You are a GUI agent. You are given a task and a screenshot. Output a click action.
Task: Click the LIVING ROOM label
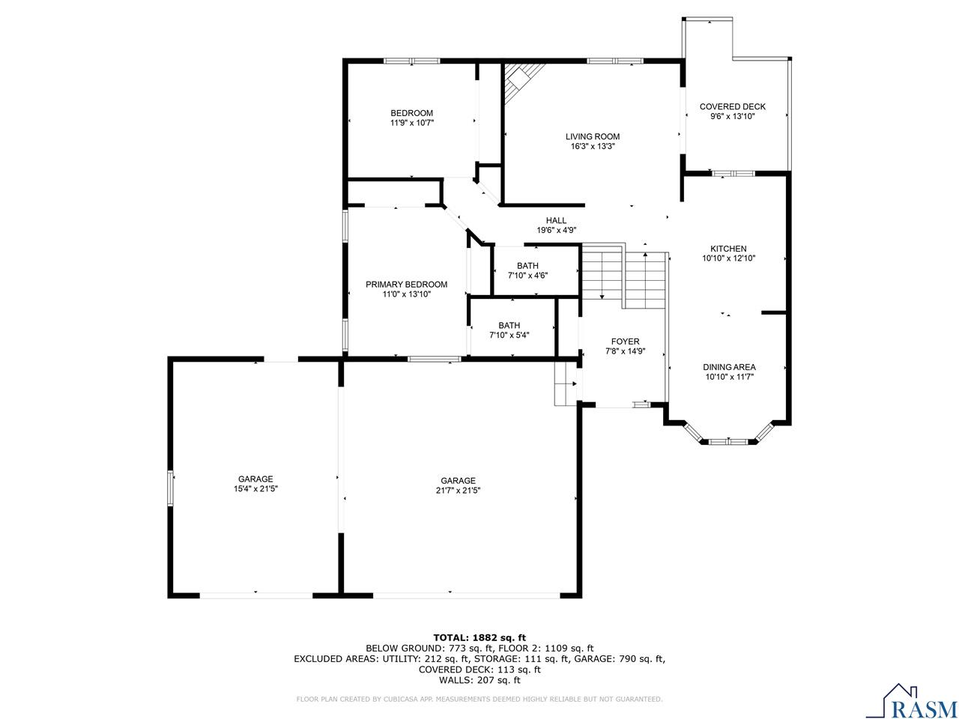click(x=592, y=136)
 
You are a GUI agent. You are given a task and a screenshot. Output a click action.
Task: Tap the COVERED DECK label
click(x=732, y=106)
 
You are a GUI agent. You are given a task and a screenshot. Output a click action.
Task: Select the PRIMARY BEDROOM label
click(x=406, y=285)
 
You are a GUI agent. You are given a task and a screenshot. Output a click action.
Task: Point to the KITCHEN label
click(x=728, y=249)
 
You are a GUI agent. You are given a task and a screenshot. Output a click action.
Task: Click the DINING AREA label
click(x=729, y=367)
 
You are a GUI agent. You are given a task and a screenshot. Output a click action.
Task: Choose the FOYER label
click(x=625, y=342)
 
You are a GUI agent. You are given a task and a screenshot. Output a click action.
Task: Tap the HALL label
click(x=556, y=220)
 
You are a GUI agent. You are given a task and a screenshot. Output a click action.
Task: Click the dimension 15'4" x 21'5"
click(x=255, y=491)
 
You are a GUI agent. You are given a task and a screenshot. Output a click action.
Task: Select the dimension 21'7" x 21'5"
click(x=458, y=491)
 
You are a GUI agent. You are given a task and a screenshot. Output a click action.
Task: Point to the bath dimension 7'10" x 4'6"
click(x=527, y=276)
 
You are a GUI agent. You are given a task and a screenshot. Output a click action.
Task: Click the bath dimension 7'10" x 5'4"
click(x=509, y=335)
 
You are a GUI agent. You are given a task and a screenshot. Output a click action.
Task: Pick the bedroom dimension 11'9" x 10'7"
click(x=411, y=123)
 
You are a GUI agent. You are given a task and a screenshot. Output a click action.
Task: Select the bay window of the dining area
click(x=728, y=440)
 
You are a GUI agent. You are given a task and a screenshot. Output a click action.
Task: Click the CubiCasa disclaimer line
click(x=479, y=700)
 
